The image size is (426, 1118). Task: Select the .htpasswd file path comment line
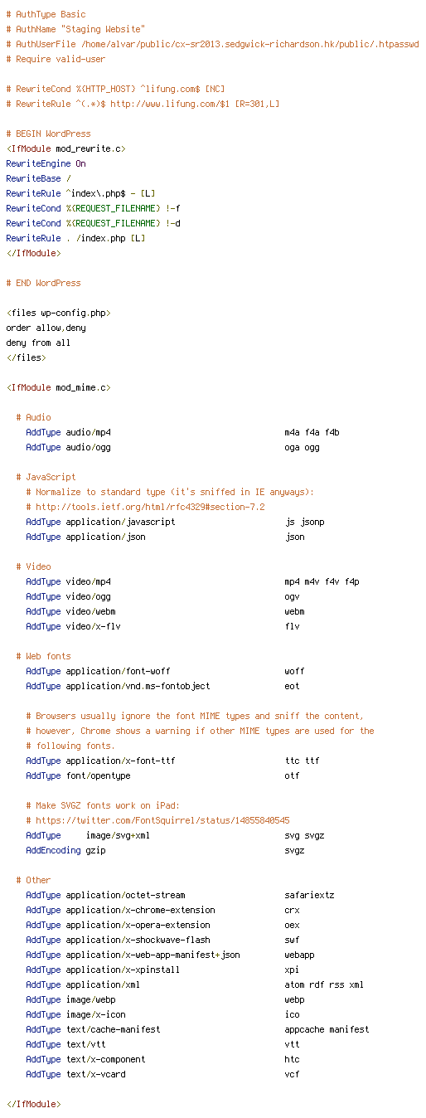click(x=212, y=45)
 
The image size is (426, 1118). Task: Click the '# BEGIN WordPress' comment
click(x=48, y=134)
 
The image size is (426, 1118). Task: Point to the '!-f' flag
click(x=172, y=208)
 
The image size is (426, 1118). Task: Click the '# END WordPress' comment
click(x=43, y=283)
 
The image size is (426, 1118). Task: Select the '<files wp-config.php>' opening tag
click(x=58, y=313)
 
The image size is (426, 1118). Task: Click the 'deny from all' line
click(x=38, y=343)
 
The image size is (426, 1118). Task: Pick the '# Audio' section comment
click(x=33, y=417)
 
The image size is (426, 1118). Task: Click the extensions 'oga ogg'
click(x=302, y=447)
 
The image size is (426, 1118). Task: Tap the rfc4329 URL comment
click(x=145, y=507)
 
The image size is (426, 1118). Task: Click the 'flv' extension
click(x=292, y=626)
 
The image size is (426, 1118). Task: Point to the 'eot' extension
click(x=292, y=686)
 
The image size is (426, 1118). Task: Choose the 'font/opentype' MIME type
click(x=99, y=775)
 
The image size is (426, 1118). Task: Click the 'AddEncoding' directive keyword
click(x=53, y=850)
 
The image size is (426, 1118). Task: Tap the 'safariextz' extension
click(x=309, y=896)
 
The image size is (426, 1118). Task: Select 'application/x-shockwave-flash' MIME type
click(x=138, y=940)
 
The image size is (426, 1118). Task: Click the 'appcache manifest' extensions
click(x=327, y=1029)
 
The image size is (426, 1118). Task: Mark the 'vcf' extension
click(x=292, y=1074)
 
